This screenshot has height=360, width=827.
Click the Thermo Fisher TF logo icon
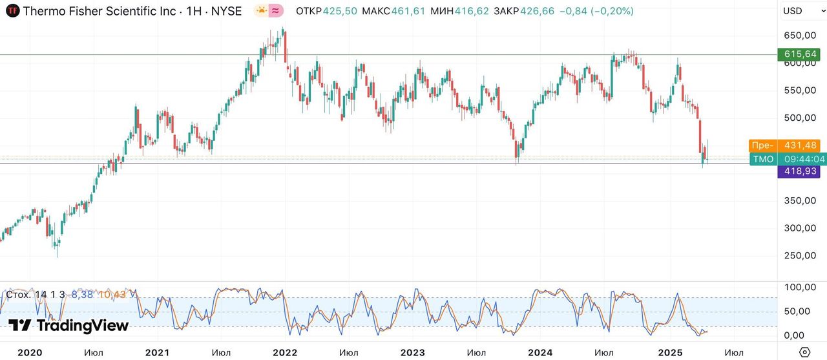12,11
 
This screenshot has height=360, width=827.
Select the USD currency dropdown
799,11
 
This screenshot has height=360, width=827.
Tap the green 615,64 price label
801,54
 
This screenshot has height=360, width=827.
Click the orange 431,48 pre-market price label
801,145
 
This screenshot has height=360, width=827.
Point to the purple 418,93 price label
801,172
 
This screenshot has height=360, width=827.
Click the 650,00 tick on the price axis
800,36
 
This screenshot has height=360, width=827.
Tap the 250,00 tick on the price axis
800,255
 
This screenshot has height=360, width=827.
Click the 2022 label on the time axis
285,352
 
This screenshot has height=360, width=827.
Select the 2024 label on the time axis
540,352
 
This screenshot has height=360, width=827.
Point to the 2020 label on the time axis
30,352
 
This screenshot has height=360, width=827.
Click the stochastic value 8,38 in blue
82,295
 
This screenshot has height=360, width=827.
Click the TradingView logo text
68,325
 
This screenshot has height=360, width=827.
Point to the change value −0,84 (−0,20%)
597,11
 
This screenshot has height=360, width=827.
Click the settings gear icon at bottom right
804,352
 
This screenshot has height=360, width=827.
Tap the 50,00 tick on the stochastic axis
800,311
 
